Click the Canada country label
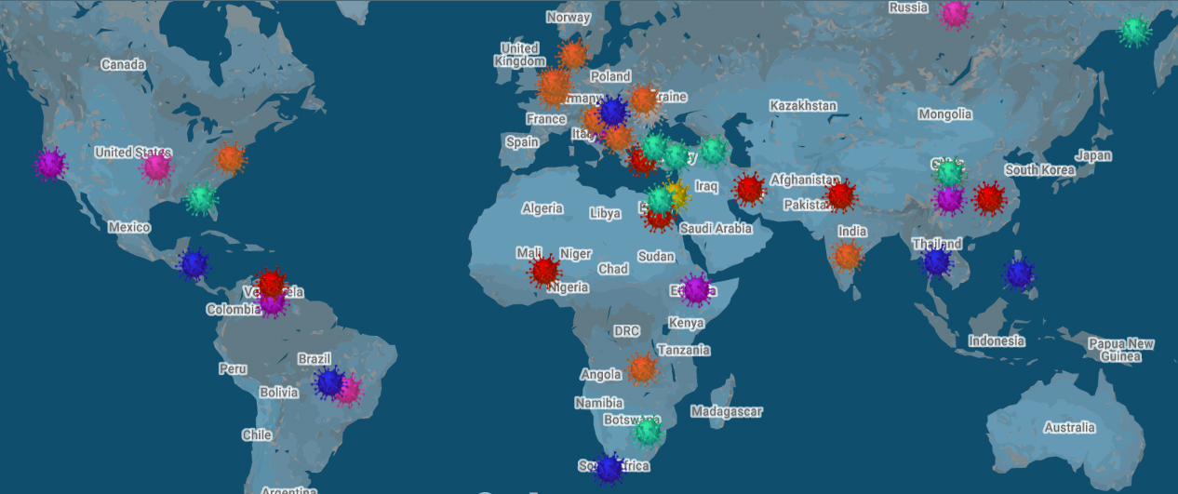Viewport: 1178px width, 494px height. (x=123, y=64)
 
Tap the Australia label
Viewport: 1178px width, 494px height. (x=1069, y=427)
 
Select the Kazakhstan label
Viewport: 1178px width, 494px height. (x=803, y=106)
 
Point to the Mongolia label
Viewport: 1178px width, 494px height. (x=944, y=114)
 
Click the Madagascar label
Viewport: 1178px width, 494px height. (x=727, y=411)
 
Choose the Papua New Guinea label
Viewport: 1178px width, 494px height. (x=1121, y=350)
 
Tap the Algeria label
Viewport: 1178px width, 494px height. (x=542, y=208)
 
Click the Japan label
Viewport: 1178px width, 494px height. (x=1093, y=155)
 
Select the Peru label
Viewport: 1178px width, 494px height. (x=233, y=368)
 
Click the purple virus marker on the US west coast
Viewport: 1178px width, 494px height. (x=49, y=165)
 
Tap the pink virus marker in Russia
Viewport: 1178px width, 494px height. (x=955, y=14)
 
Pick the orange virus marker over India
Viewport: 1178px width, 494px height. (x=847, y=254)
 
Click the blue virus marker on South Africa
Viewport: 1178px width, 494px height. (x=609, y=468)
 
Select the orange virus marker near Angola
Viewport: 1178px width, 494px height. (x=642, y=368)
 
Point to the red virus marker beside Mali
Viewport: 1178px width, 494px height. (x=544, y=272)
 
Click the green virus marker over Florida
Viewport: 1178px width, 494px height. (x=200, y=198)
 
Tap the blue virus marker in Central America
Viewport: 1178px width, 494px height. (x=194, y=264)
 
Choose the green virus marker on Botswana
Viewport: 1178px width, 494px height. (x=647, y=432)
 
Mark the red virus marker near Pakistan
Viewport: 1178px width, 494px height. (x=840, y=195)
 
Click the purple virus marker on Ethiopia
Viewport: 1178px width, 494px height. (x=696, y=288)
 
